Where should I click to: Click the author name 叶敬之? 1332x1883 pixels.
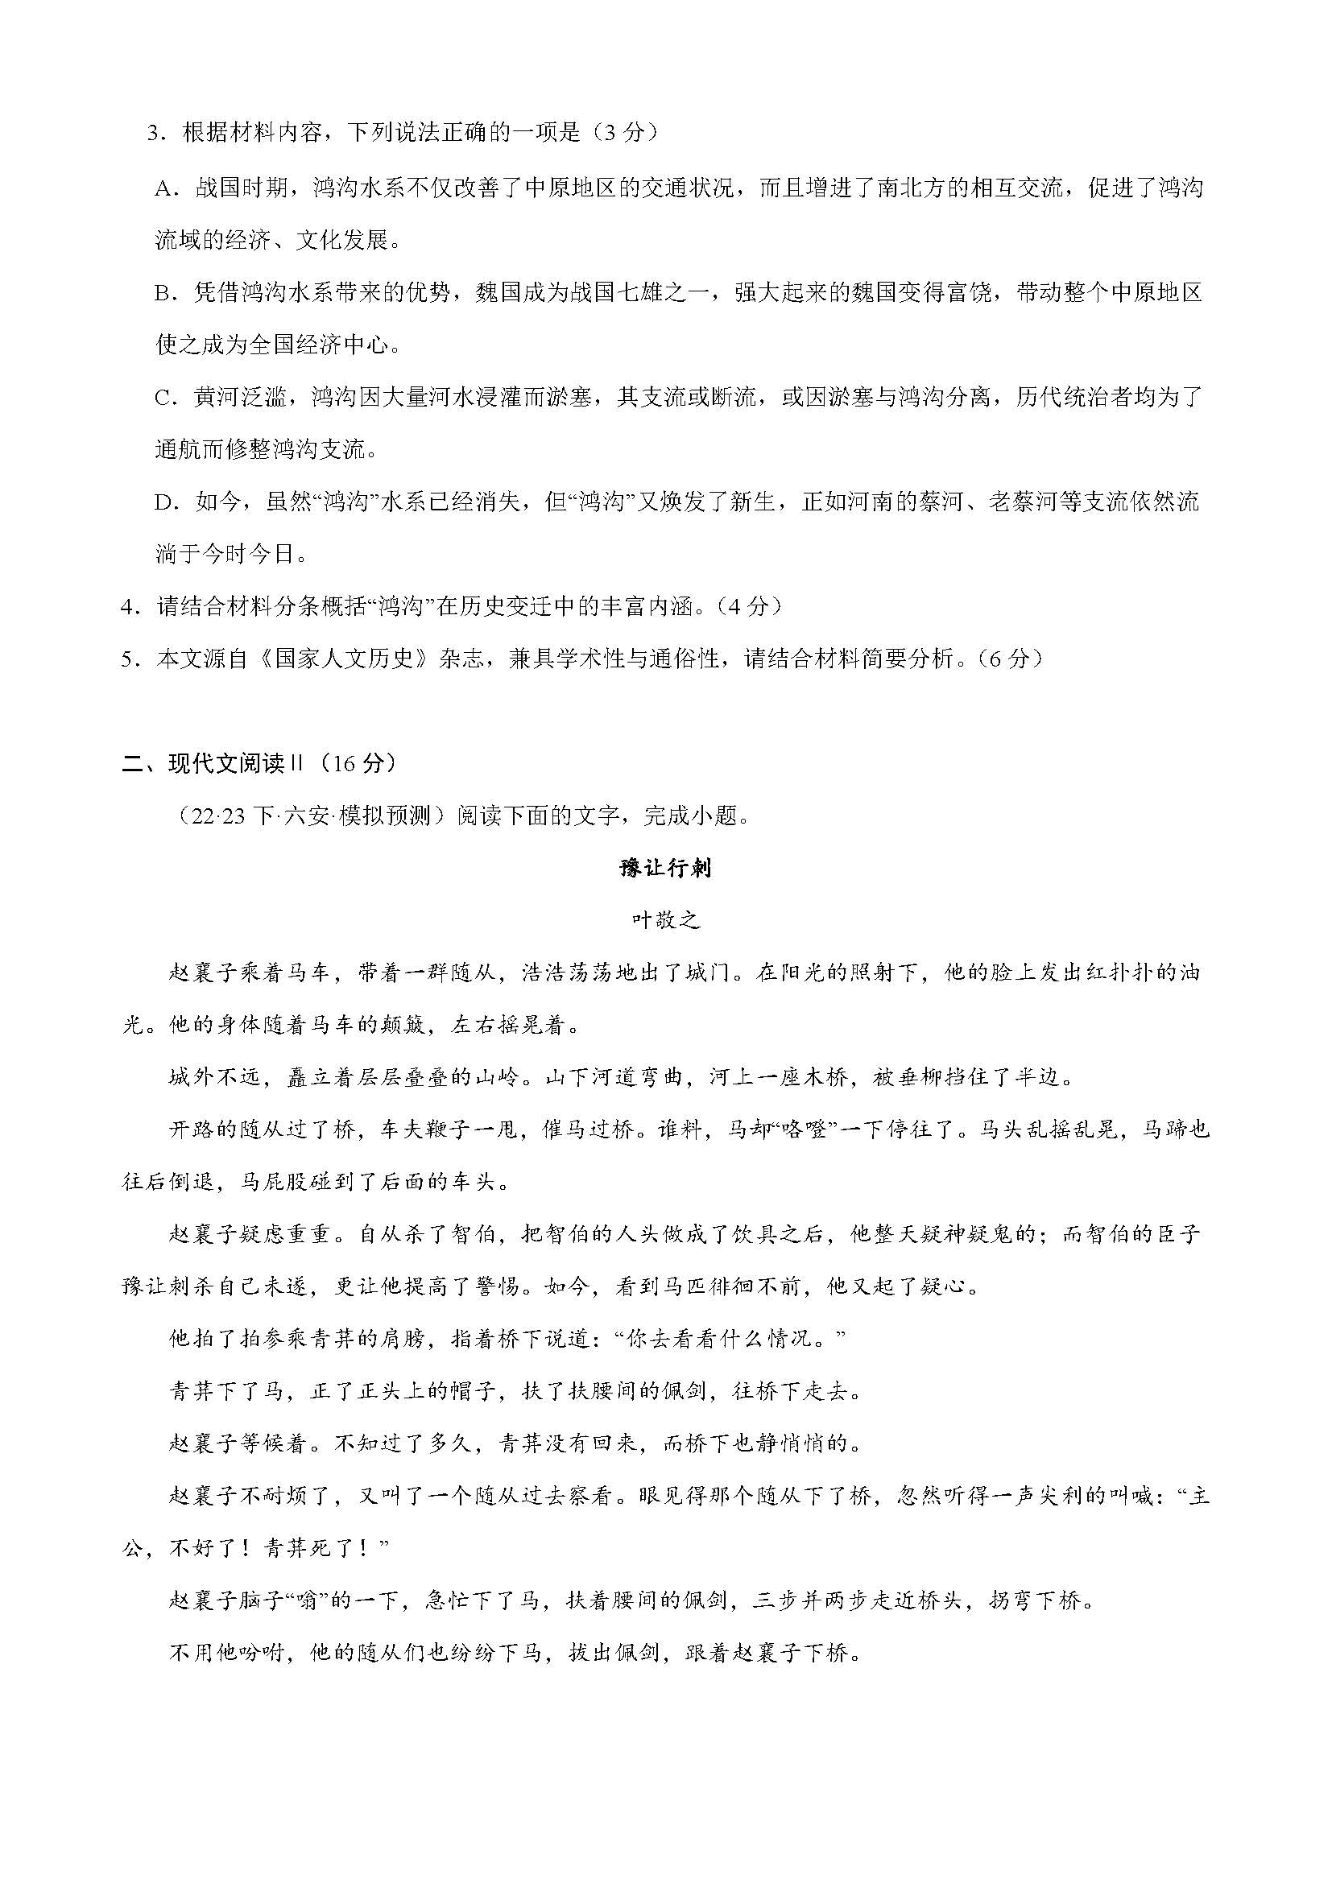(x=665, y=921)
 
